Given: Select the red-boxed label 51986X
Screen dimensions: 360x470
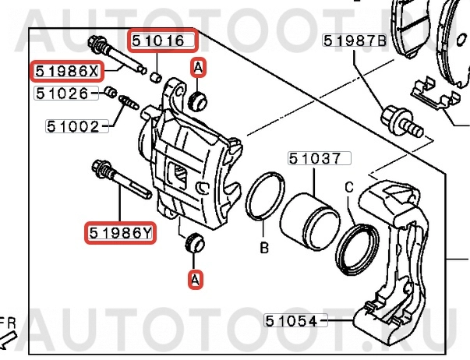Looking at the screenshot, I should click(x=66, y=72).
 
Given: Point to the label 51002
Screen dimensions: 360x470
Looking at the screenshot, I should click(x=74, y=125).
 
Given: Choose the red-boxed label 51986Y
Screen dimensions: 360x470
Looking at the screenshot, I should click(x=119, y=231).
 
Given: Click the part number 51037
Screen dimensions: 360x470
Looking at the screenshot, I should click(x=315, y=160).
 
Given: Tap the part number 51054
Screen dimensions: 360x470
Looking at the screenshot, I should click(x=292, y=319).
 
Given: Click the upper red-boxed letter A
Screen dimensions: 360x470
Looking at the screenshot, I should click(x=198, y=69).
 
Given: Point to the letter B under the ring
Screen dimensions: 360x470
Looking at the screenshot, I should click(x=264, y=249).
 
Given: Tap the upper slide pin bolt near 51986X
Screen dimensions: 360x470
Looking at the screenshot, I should click(x=117, y=56).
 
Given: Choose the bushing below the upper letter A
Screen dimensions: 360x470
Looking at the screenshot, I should click(x=200, y=99).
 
